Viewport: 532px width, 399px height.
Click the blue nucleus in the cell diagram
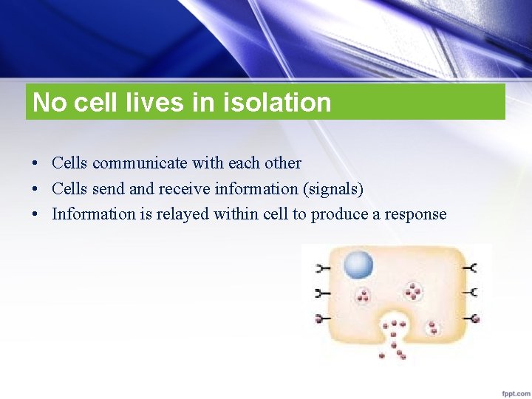click(358, 265)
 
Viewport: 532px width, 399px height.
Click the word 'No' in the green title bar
click(50, 103)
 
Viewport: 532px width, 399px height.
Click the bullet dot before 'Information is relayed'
click(35, 215)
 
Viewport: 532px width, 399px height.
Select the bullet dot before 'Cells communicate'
click(35, 163)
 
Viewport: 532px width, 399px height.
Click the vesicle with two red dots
click(433, 327)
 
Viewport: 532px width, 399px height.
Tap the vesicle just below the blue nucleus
click(363, 296)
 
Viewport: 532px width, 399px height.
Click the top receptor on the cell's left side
click(322, 268)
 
